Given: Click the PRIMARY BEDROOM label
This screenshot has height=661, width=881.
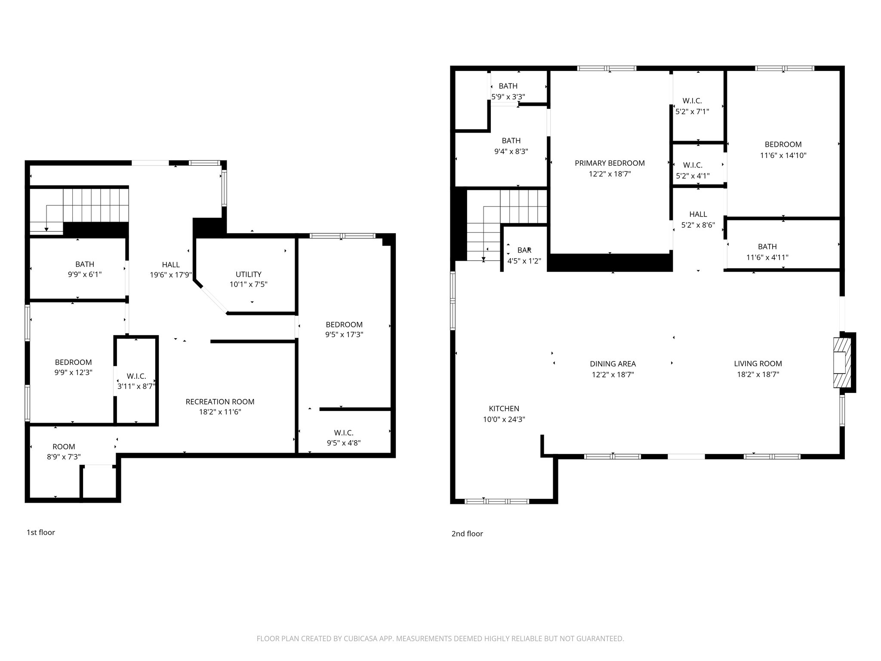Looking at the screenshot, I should click(x=610, y=163).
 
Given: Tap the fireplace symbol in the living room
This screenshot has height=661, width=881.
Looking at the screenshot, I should click(x=842, y=362).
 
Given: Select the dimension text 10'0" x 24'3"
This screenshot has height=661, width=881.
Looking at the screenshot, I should click(x=504, y=420).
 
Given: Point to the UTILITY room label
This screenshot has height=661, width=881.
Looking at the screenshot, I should click(x=248, y=274).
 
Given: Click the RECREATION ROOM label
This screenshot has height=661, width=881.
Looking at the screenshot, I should click(x=220, y=402).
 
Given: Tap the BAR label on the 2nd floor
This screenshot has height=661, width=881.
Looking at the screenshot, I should click(x=524, y=250).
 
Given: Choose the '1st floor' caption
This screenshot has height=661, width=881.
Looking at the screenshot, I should click(x=41, y=532).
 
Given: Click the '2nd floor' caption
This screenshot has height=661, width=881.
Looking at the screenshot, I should click(x=467, y=534).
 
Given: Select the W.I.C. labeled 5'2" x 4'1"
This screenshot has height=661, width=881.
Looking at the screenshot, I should click(x=692, y=165).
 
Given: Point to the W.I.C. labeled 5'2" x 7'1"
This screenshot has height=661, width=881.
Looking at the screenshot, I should click(x=692, y=101).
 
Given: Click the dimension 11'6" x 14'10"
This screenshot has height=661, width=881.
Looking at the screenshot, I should click(x=783, y=155).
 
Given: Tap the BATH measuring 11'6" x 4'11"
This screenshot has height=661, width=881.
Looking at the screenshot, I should click(x=767, y=247).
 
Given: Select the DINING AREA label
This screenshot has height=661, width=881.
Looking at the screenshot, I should click(x=613, y=364).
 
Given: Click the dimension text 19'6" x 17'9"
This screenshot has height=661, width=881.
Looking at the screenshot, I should click(x=171, y=275).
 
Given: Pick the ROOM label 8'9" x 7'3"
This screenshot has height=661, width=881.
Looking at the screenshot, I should click(x=64, y=447).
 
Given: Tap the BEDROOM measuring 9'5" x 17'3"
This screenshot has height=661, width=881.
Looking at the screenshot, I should click(x=344, y=324).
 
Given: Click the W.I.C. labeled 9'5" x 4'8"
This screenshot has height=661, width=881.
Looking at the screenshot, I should click(x=344, y=432).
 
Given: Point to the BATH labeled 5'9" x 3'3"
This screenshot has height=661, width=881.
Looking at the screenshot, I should click(x=508, y=86).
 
